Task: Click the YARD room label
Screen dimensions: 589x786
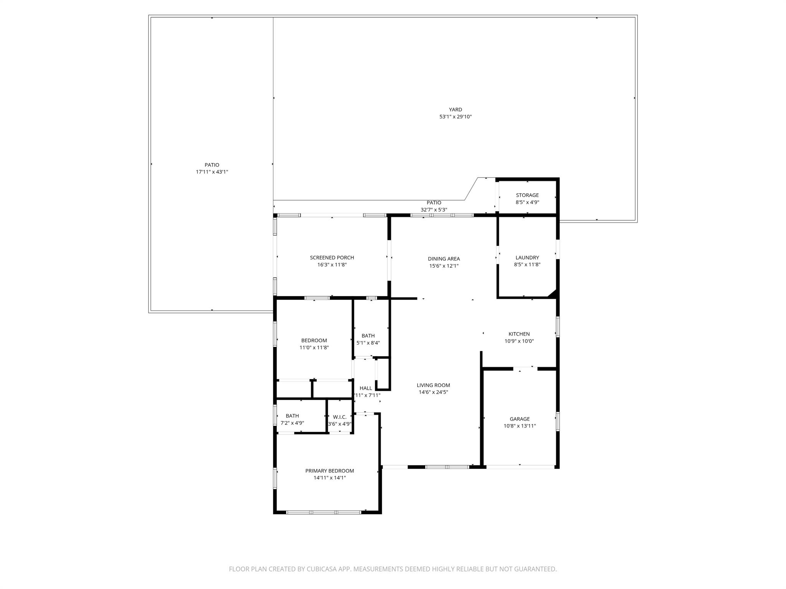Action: (x=455, y=110)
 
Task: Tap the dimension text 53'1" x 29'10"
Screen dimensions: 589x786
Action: (x=455, y=117)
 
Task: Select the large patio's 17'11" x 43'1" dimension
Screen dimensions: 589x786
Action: (x=212, y=172)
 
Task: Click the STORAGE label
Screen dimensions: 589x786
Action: (x=527, y=195)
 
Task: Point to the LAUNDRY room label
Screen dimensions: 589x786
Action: (x=527, y=258)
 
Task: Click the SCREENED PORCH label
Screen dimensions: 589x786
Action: (x=332, y=258)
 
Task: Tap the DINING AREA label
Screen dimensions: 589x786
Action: (x=444, y=259)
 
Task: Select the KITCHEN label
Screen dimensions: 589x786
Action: (x=519, y=334)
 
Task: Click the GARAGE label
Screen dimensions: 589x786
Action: (x=519, y=419)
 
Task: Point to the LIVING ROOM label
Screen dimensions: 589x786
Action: (x=433, y=385)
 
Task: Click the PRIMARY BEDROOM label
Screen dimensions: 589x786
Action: (x=329, y=471)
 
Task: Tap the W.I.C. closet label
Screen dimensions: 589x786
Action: (x=340, y=417)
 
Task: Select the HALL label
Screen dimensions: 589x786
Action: (x=365, y=388)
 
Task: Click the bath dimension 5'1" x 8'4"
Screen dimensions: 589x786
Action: (x=368, y=343)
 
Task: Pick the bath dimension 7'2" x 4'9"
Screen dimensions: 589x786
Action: (x=292, y=423)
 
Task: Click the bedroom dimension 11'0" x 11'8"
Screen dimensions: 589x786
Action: (x=314, y=347)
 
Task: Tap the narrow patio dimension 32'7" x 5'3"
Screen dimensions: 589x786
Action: (x=434, y=210)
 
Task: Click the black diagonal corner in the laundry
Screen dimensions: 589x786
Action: (x=553, y=294)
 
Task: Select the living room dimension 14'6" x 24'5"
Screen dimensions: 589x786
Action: (x=433, y=392)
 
